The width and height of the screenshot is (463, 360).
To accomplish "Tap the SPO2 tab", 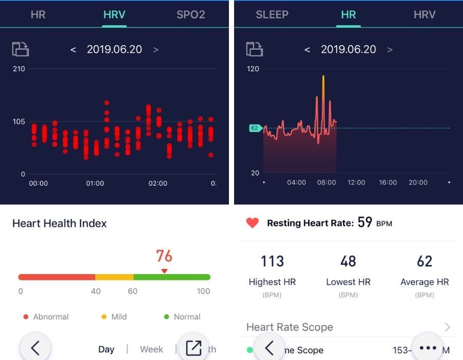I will pyautogui.click(x=190, y=14).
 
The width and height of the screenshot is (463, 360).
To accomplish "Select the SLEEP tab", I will pyautogui.click(x=272, y=14).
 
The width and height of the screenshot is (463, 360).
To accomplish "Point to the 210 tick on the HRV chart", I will pyautogui.click(x=19, y=69).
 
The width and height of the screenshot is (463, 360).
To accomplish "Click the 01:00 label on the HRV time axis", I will pyautogui.click(x=95, y=183).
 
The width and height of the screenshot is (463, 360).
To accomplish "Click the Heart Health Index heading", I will pyautogui.click(x=60, y=223).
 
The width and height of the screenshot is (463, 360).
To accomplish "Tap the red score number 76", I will pyautogui.click(x=164, y=256).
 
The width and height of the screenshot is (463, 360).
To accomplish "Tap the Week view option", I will pyautogui.click(x=151, y=349).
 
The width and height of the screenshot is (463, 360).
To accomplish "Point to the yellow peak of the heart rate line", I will pyautogui.click(x=323, y=82).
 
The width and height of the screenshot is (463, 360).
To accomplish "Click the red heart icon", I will pyautogui.click(x=252, y=223).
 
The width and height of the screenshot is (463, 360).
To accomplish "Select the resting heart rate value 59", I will pyautogui.click(x=365, y=222).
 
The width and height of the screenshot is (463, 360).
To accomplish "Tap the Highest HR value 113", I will pyautogui.click(x=272, y=261).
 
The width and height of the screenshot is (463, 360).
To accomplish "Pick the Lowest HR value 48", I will pyautogui.click(x=348, y=261).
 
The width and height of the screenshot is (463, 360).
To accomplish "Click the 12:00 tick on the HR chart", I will pyautogui.click(x=356, y=182).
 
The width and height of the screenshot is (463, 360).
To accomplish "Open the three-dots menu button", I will pyautogui.click(x=428, y=348).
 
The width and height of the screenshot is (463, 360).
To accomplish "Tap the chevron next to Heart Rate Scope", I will pyautogui.click(x=447, y=327).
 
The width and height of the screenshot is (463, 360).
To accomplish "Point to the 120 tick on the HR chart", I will pyautogui.click(x=253, y=69).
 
